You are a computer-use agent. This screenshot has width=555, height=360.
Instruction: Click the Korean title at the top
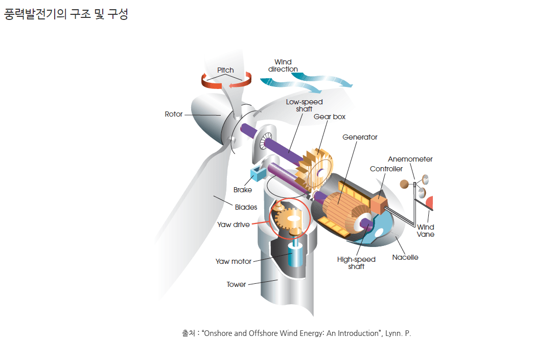click(x=66, y=14)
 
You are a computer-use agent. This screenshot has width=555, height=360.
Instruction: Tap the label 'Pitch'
click(x=225, y=70)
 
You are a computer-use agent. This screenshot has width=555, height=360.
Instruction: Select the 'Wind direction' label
click(x=283, y=65)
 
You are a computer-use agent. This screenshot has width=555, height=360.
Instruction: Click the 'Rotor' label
click(x=173, y=114)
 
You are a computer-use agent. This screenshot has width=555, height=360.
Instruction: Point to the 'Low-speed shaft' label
click(x=304, y=105)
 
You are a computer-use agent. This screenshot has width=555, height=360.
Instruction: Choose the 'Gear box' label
click(x=330, y=117)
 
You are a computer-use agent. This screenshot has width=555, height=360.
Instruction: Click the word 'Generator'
click(x=360, y=137)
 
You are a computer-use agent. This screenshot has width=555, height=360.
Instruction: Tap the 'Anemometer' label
click(x=410, y=159)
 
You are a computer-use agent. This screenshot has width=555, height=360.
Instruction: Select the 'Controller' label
click(x=386, y=169)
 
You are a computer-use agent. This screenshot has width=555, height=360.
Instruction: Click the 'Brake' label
click(x=243, y=190)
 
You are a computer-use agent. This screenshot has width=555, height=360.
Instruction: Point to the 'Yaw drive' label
click(x=233, y=224)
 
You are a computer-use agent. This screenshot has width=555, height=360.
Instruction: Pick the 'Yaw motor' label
click(x=234, y=261)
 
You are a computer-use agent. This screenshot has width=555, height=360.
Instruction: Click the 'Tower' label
click(x=236, y=284)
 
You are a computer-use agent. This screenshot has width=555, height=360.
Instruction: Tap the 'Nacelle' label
click(x=405, y=257)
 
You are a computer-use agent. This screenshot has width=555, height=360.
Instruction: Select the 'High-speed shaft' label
click(x=356, y=263)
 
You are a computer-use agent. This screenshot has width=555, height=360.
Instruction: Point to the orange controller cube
click(x=379, y=202)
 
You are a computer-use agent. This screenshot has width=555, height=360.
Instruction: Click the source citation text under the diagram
click(x=296, y=333)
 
